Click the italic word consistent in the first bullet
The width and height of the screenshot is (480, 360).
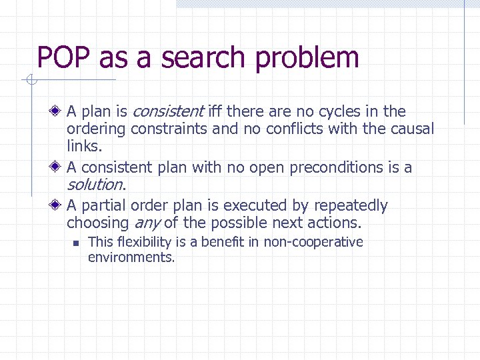(x=168, y=111)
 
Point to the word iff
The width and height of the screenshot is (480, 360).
(x=216, y=111)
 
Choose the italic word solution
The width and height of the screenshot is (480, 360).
(x=95, y=184)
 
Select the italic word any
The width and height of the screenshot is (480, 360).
(x=147, y=223)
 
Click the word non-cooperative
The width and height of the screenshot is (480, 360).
(x=313, y=242)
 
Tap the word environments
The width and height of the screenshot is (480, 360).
(x=131, y=257)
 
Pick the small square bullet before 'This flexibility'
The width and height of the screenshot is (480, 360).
(x=76, y=243)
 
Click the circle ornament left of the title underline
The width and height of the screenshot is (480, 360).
(x=30, y=81)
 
